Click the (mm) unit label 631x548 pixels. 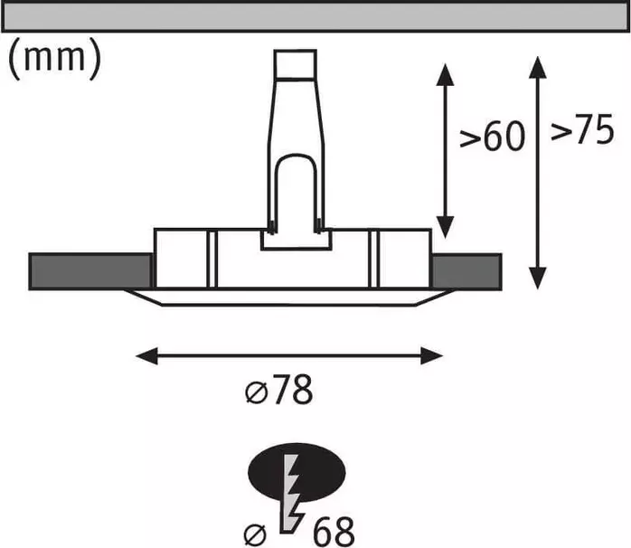coord(54,59)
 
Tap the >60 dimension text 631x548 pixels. coord(492,136)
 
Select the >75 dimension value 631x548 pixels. coord(582,128)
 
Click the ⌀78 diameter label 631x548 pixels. coord(278,390)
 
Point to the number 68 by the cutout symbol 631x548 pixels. coord(334,531)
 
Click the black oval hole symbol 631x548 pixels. coord(297,472)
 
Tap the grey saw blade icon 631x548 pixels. coord(291,494)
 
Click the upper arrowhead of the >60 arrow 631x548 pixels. coord(445,74)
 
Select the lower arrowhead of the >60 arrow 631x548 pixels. coord(445,227)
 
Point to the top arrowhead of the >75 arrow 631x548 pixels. coord(537,67)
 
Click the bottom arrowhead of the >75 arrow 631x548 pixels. coord(537,279)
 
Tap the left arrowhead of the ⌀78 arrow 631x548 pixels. coord(146,356)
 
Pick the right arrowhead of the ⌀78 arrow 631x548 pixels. coord(432,356)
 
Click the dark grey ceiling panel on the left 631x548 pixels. coord(90,271)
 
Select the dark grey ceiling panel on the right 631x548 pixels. coord(466,272)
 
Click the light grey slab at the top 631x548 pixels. coord(315,16)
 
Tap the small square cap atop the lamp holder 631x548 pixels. coord(295,63)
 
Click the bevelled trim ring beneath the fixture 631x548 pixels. coord(289,298)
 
